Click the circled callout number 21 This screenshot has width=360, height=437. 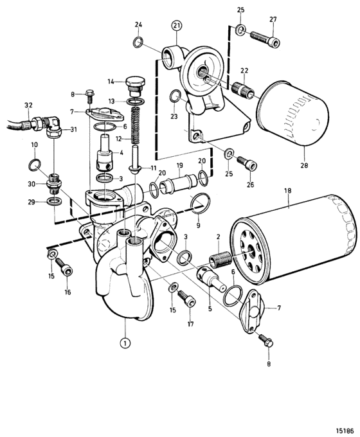(177, 26)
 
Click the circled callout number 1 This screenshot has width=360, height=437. (125, 343)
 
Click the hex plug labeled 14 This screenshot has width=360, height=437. (136, 86)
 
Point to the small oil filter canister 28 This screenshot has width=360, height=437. (292, 114)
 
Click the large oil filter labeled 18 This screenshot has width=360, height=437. (292, 239)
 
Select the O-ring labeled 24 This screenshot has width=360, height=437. (138, 42)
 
